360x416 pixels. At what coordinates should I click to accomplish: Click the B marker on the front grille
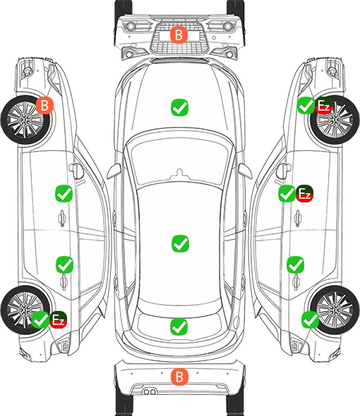pos(179,35)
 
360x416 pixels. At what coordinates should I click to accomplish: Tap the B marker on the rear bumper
pos(179,377)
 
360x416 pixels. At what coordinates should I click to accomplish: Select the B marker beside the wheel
pos(44,105)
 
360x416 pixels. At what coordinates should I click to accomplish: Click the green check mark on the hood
pos(179,107)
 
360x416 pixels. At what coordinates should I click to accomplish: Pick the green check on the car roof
pos(180,243)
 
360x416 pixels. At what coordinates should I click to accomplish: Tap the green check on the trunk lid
pos(179,326)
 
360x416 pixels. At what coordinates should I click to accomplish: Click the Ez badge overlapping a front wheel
pos(323,105)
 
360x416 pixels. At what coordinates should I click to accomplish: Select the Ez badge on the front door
pos(304,193)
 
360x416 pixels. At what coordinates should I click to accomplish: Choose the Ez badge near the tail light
pos(58,319)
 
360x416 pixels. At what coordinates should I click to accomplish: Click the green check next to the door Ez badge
pos(287,193)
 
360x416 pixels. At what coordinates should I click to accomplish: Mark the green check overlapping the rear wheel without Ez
pos(310,319)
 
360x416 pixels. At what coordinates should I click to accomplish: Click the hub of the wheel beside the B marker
pos(25,120)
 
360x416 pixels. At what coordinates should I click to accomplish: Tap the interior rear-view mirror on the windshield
pos(179,173)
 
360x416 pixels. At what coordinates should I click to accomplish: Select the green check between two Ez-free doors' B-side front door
pos(64,193)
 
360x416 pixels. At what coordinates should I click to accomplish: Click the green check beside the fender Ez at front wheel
pos(306,105)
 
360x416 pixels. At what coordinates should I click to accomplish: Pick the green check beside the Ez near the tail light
pos(40,319)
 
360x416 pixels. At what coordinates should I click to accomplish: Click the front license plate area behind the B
pos(179,35)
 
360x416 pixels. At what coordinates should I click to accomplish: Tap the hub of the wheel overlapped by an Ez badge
pos(335,120)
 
